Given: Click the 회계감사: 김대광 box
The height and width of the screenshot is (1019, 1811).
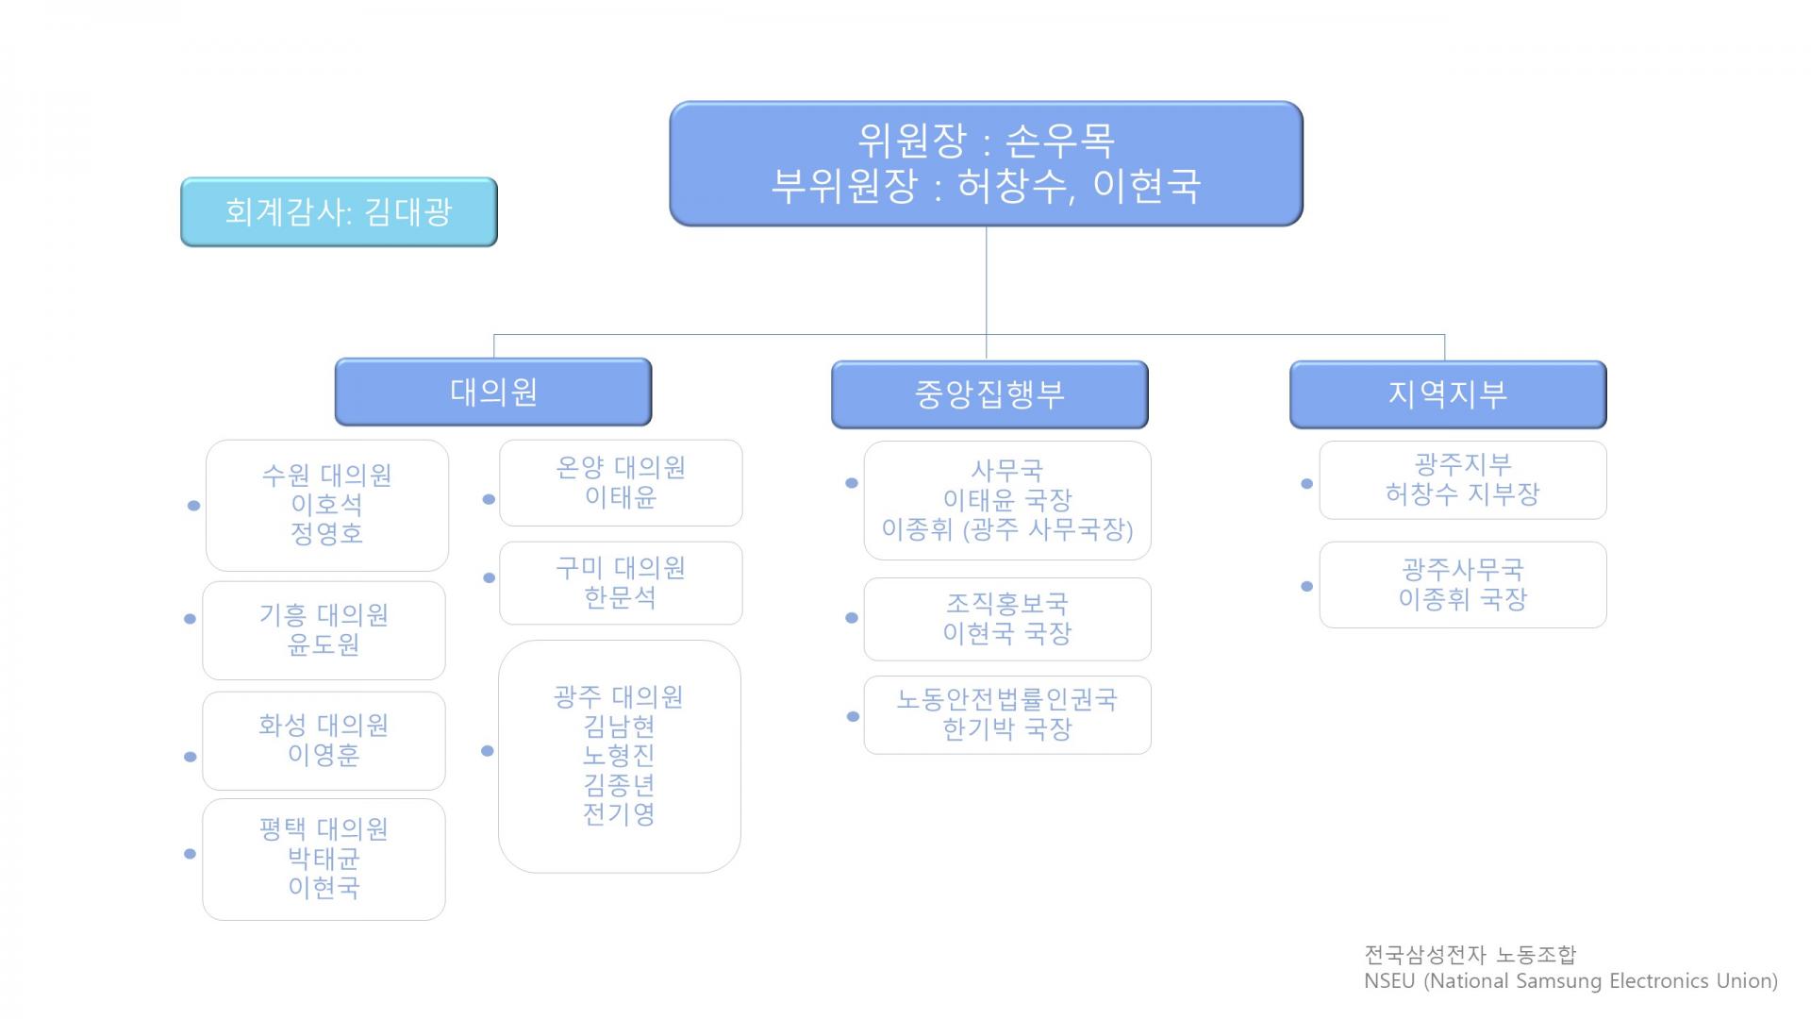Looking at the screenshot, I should point(339,211).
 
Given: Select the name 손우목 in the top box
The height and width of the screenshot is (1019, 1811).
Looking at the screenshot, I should point(1060,142).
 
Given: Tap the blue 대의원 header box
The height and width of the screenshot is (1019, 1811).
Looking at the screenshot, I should point(493,392).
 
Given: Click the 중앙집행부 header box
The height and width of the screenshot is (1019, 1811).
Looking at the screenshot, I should point(989,394).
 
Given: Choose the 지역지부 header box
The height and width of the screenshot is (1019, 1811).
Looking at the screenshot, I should point(1448,394).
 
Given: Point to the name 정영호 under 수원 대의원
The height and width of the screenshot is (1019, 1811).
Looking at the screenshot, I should point(326,534).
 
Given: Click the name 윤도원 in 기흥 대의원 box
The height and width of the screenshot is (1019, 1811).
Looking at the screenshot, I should point(324,644).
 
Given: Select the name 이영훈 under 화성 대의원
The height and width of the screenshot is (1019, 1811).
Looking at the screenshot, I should point(324,755).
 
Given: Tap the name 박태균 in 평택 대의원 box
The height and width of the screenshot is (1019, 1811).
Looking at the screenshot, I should point(324,859).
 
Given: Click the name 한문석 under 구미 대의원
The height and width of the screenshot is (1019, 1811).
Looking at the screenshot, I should point(620,597).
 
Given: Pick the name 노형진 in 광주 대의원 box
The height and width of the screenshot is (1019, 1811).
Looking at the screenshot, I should point(619,755).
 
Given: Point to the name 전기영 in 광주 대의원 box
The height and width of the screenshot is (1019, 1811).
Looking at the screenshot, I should point(619,813).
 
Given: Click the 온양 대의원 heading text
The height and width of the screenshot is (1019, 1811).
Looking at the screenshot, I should point(620,468).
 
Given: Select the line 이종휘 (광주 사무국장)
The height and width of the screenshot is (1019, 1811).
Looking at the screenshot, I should point(1007,529).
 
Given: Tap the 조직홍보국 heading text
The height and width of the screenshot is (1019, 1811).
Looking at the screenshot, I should point(1007,604).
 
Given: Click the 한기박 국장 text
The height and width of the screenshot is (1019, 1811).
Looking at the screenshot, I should point(1007,729).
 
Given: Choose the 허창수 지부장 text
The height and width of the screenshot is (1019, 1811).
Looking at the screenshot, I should point(1462,493).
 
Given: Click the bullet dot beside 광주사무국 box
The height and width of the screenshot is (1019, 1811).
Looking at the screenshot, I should point(1306,586).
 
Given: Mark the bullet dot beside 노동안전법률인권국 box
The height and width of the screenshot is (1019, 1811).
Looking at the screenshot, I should point(853,716).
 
